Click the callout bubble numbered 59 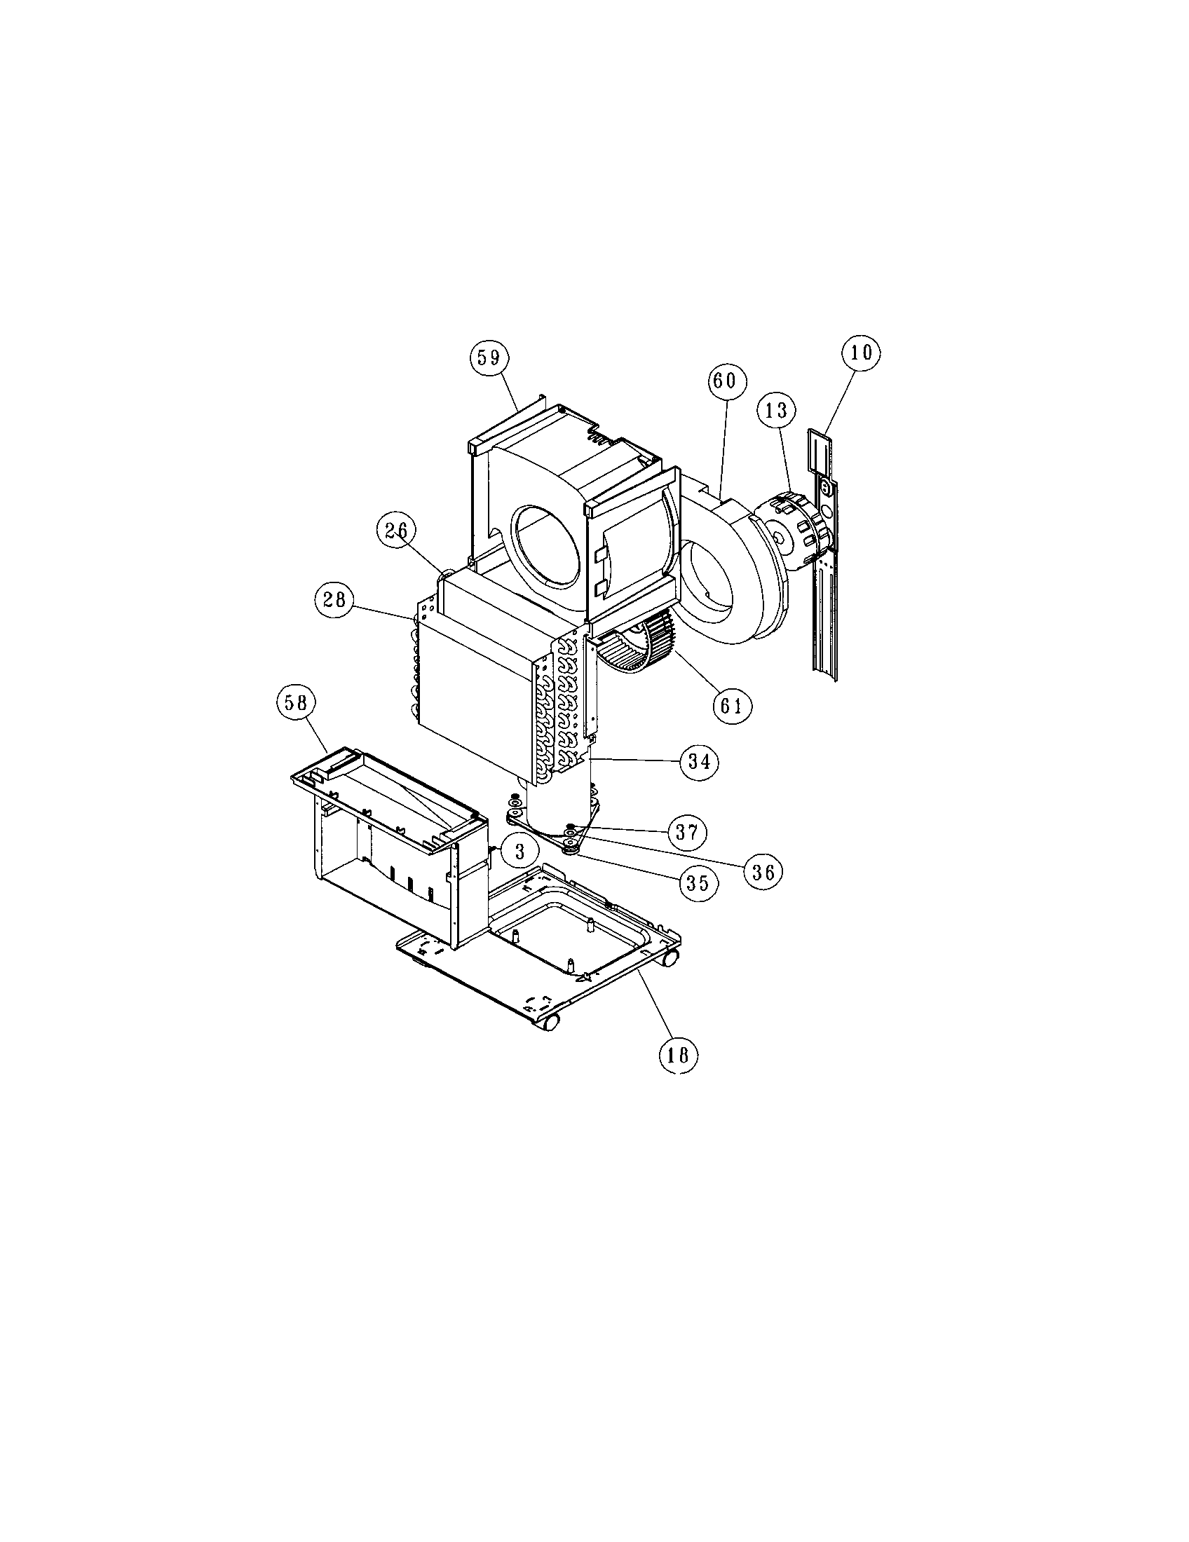tap(489, 358)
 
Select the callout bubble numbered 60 tap(725, 381)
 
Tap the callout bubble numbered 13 tap(776, 409)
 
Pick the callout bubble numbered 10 tap(861, 352)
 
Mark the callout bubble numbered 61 tap(732, 705)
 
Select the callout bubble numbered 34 tap(698, 761)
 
